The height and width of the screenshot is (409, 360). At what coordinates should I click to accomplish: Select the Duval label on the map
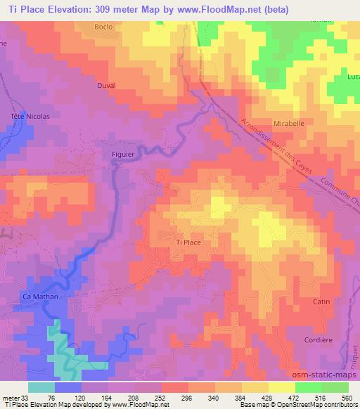pyautogui.click(x=105, y=85)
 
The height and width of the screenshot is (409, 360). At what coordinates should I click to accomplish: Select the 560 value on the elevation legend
pyautogui.click(x=347, y=397)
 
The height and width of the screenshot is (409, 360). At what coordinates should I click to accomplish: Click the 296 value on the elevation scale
pyautogui.click(x=188, y=397)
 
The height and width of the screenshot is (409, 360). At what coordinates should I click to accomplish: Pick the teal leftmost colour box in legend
pyautogui.click(x=41, y=387)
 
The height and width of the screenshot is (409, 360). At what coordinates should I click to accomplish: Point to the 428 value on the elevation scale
pyautogui.click(x=267, y=397)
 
